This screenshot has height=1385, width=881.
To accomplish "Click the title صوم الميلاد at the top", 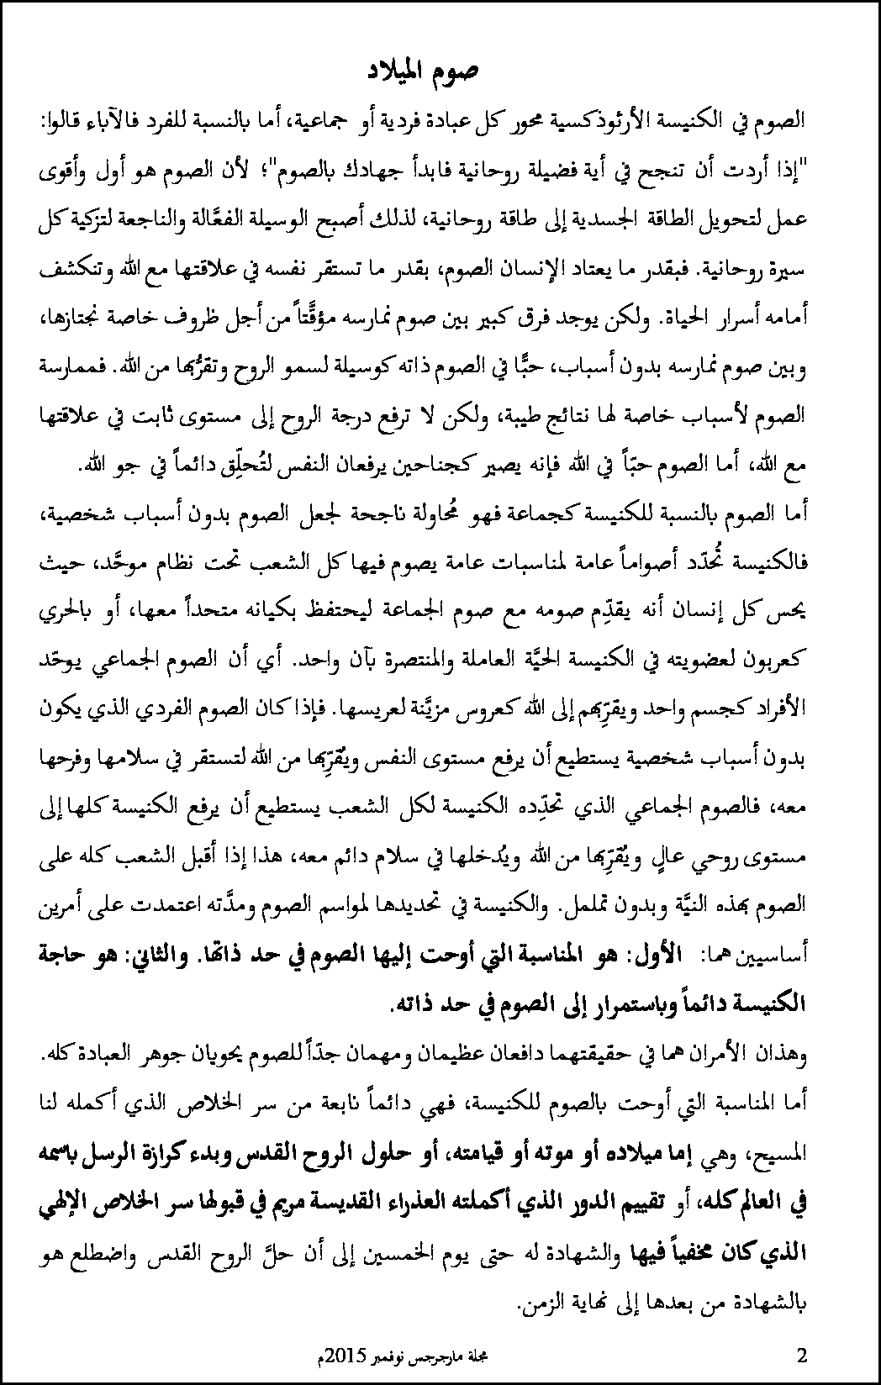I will (427, 71).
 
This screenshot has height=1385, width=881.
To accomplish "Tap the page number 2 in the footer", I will (801, 1354).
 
